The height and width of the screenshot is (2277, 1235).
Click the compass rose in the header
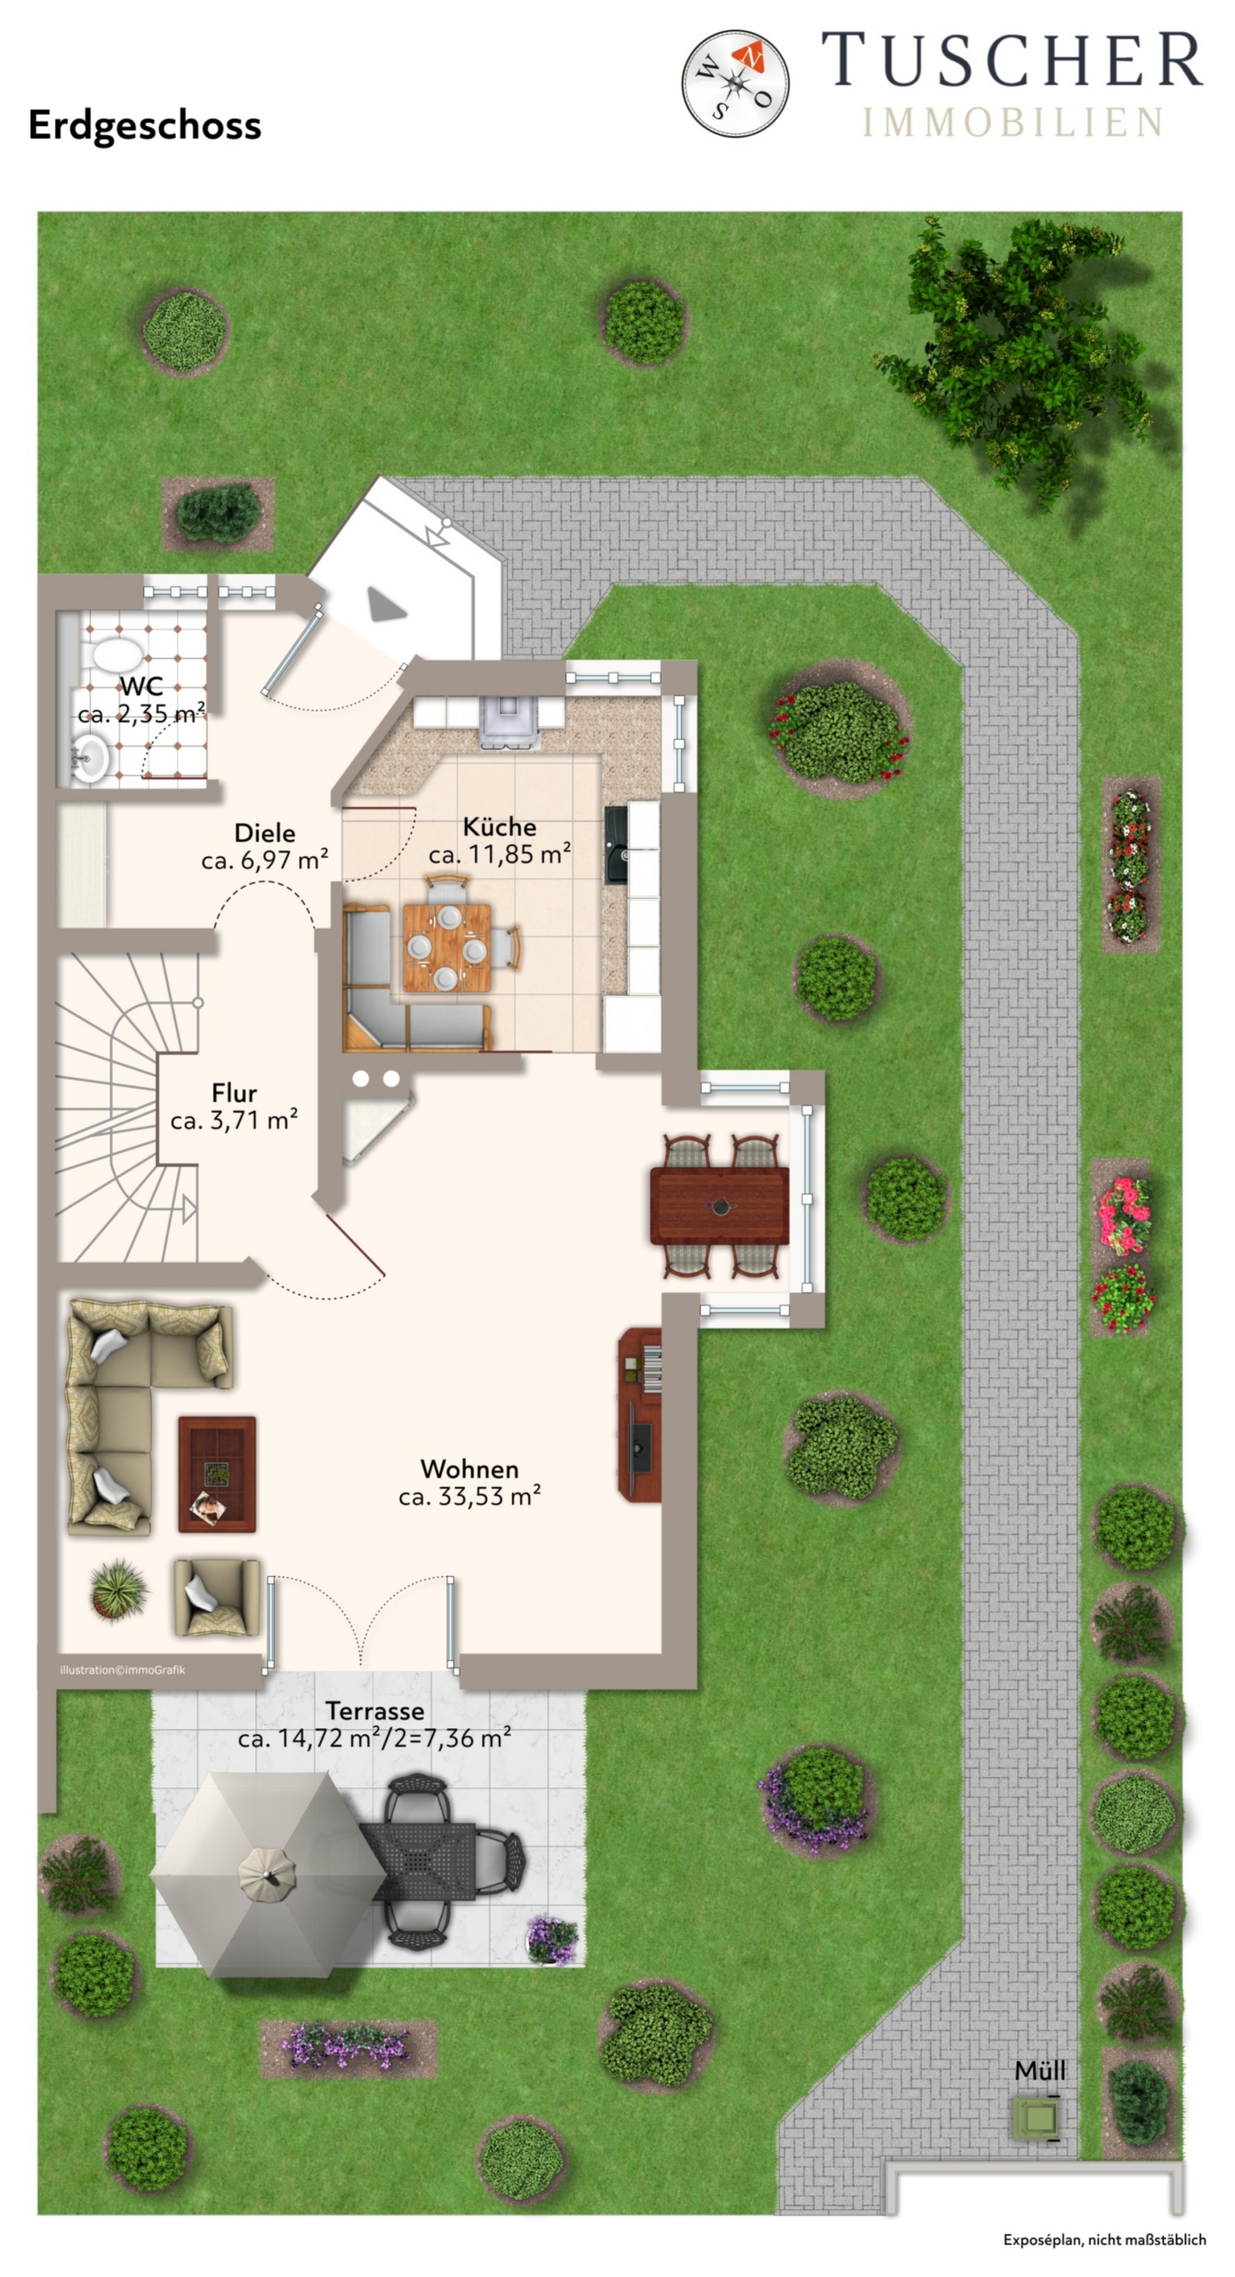pos(734,84)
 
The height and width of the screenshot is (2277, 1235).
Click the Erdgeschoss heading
pos(145,125)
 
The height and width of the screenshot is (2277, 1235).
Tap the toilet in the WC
pos(116,656)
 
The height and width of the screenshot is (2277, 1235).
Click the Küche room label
pos(500,826)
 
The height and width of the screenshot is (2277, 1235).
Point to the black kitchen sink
pos(616,844)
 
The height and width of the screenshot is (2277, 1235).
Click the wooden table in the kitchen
pos(446,947)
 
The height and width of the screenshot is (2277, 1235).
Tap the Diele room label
pos(265,833)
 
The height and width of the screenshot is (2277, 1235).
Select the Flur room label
pos(234,1092)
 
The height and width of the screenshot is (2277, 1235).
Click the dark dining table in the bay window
pos(719,1206)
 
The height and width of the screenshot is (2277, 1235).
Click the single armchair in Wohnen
pos(217,1597)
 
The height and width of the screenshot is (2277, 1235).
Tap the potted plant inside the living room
pos(118,1589)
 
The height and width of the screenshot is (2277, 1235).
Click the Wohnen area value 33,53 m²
pos(469,1496)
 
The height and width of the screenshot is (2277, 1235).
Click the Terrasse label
pos(374,1710)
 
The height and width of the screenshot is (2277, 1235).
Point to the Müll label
pos(1039,2070)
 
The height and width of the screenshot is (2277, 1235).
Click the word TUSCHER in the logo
pos(1012,60)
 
